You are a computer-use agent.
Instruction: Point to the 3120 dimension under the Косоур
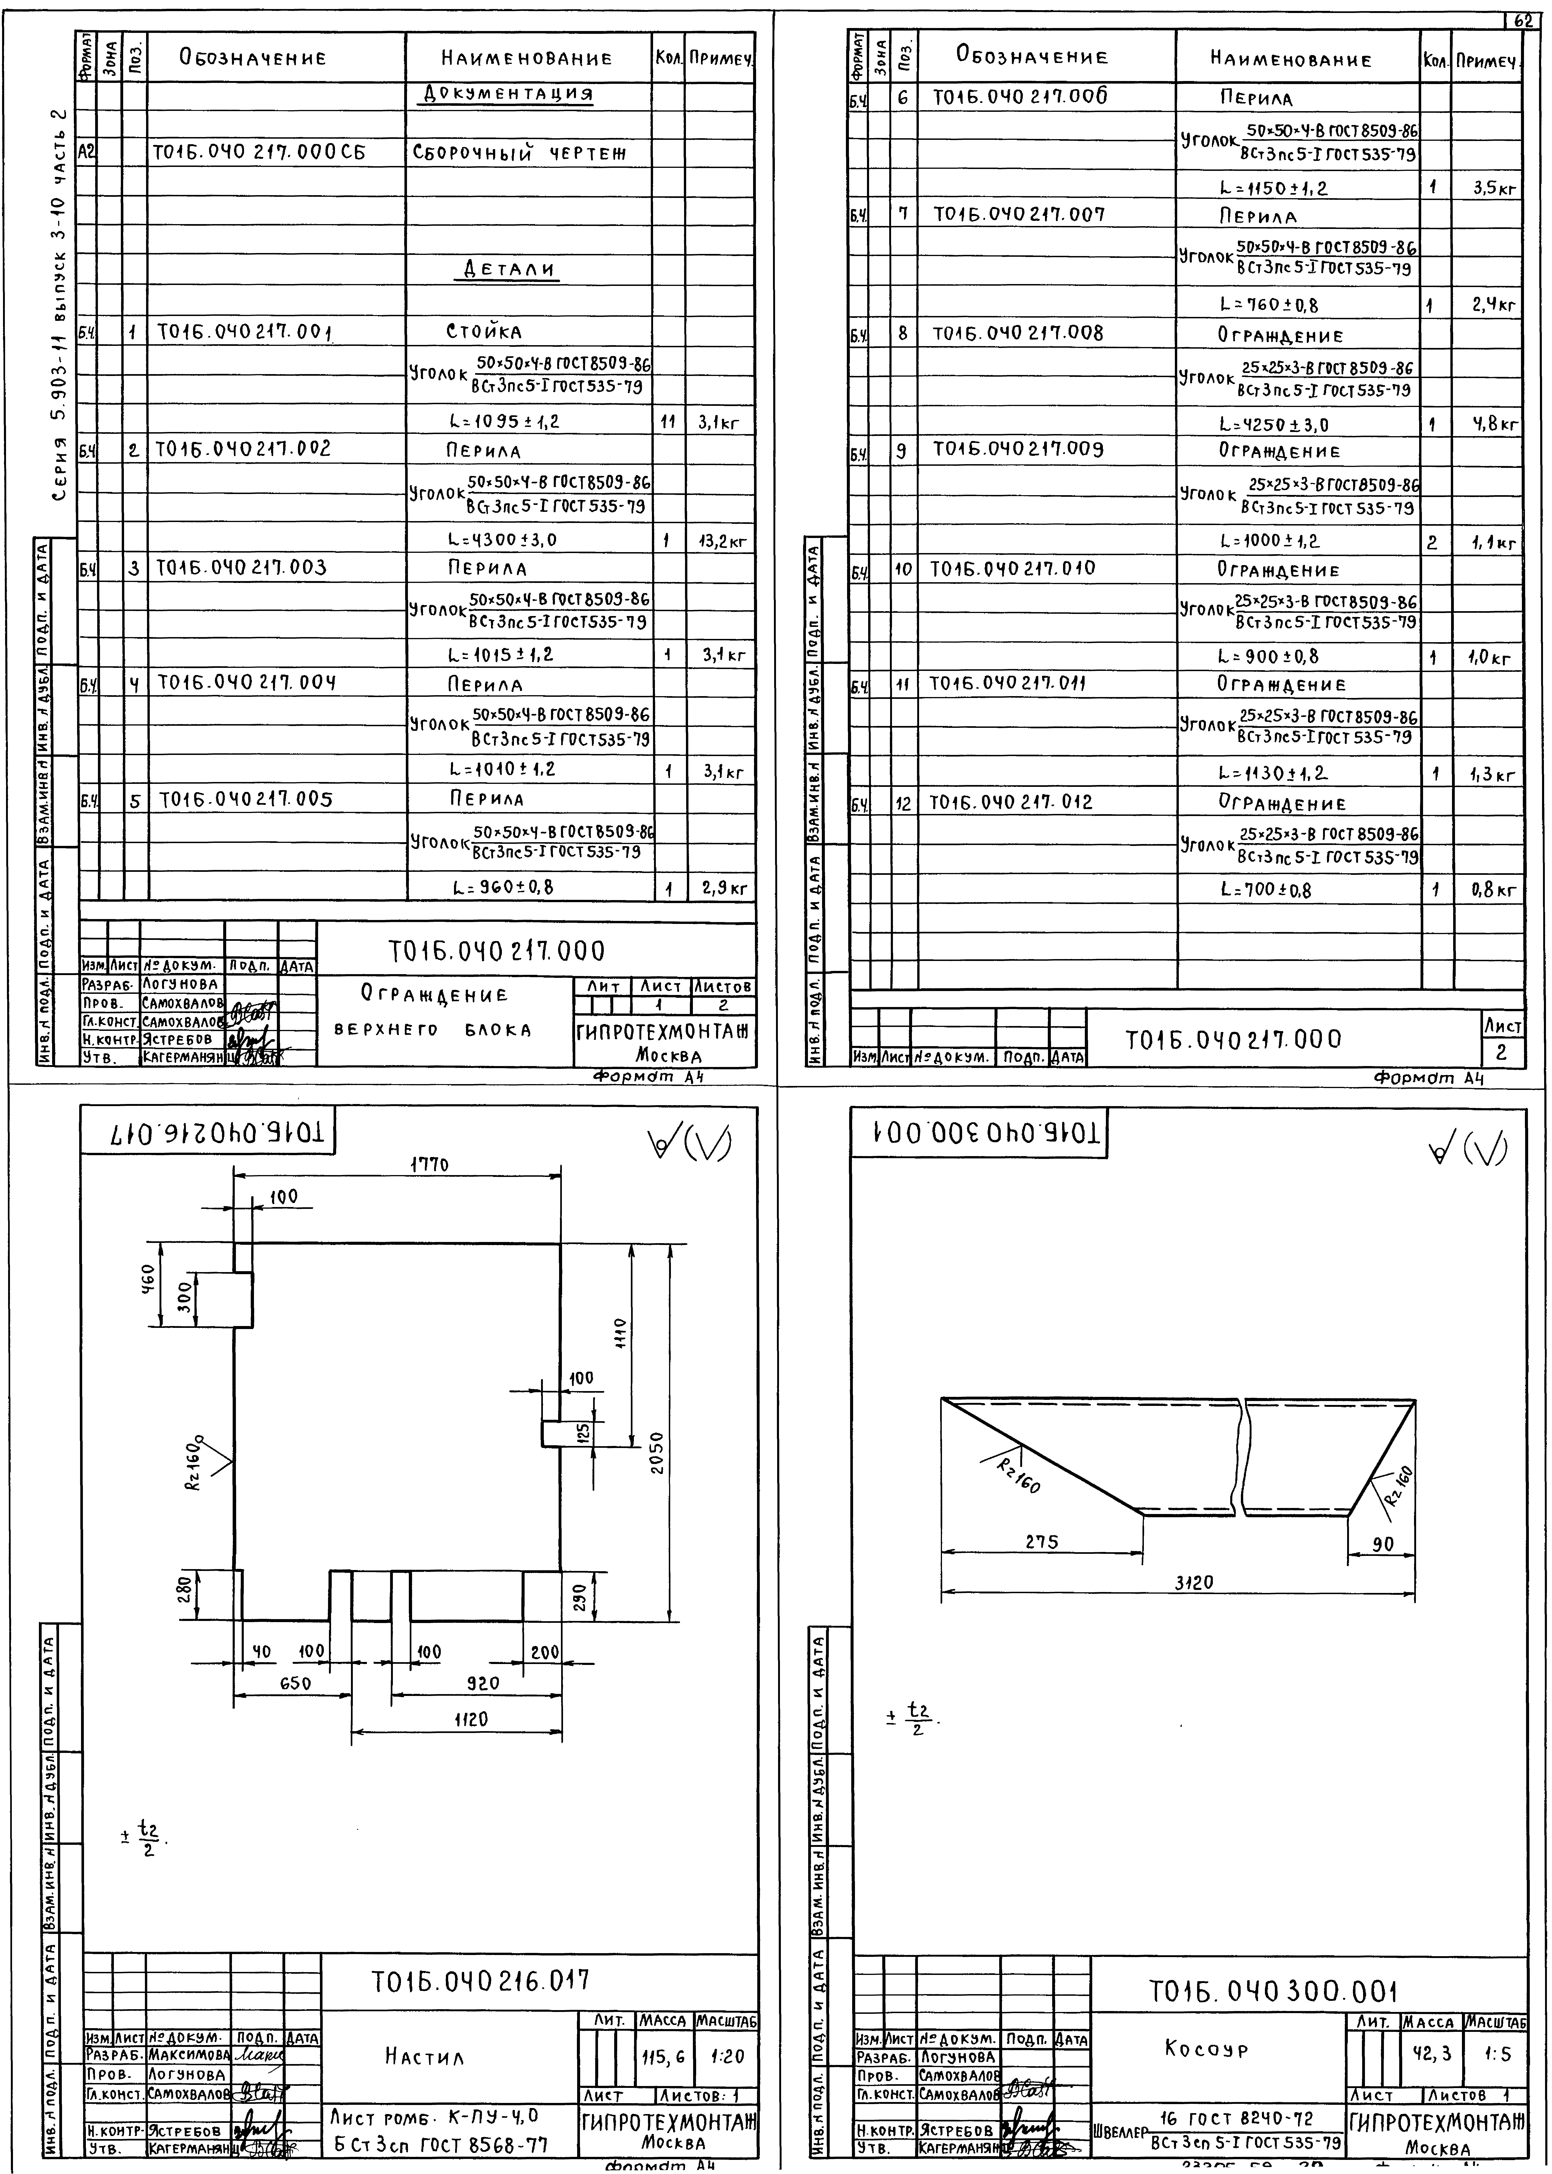pyautogui.click(x=1194, y=1583)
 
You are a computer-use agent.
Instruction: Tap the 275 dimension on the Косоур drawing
pyautogui.click(x=1041, y=1541)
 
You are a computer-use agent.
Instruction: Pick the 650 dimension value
pyautogui.click(x=295, y=1684)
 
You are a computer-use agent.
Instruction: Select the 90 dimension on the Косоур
pyautogui.click(x=1383, y=1543)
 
